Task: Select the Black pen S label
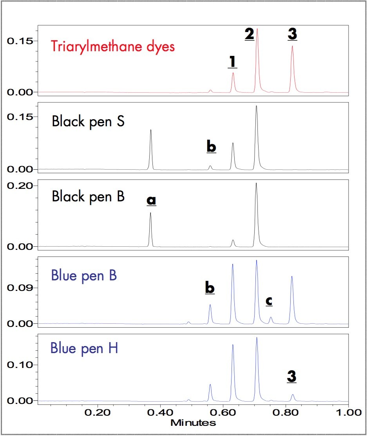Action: click(88, 122)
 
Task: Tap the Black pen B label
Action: click(88, 196)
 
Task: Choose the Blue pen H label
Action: click(85, 348)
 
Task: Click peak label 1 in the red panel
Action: click(233, 62)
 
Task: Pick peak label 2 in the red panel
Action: click(250, 34)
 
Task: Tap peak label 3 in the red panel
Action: click(292, 34)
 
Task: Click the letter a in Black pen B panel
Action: click(151, 200)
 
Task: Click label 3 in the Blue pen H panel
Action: click(292, 376)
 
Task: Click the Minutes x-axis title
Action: click(193, 423)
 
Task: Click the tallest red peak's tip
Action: click(257, 29)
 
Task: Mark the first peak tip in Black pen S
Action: click(151, 130)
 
